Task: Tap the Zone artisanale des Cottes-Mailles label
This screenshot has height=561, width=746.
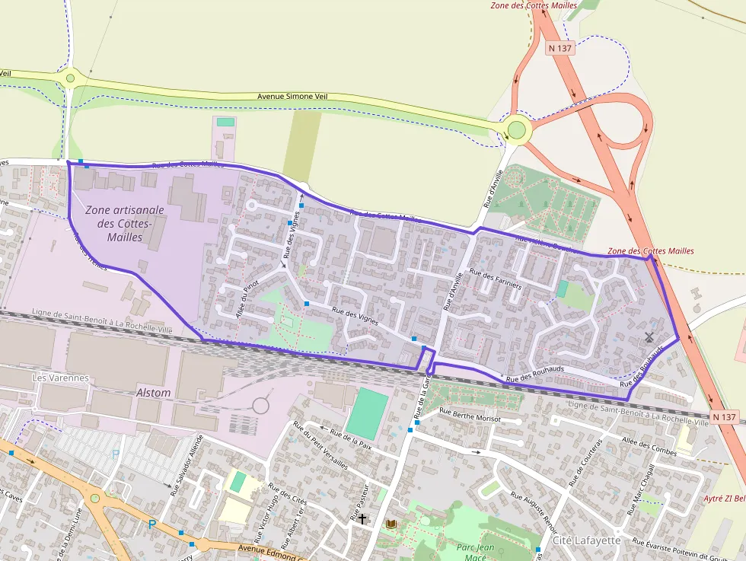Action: coord(125,223)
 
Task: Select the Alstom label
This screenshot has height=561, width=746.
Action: coord(153,393)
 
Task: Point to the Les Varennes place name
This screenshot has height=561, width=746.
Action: coord(61,378)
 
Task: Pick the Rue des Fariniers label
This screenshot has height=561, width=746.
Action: coord(496,279)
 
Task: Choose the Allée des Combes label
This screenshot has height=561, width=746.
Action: coord(649,447)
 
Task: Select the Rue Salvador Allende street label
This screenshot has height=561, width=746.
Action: coord(187,465)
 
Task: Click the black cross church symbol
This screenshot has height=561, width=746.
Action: coord(362,519)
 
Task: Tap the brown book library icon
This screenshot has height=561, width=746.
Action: coord(391,524)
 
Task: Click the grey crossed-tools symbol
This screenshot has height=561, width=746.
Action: coord(649,336)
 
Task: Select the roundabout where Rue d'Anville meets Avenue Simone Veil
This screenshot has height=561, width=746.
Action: coord(517,129)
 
